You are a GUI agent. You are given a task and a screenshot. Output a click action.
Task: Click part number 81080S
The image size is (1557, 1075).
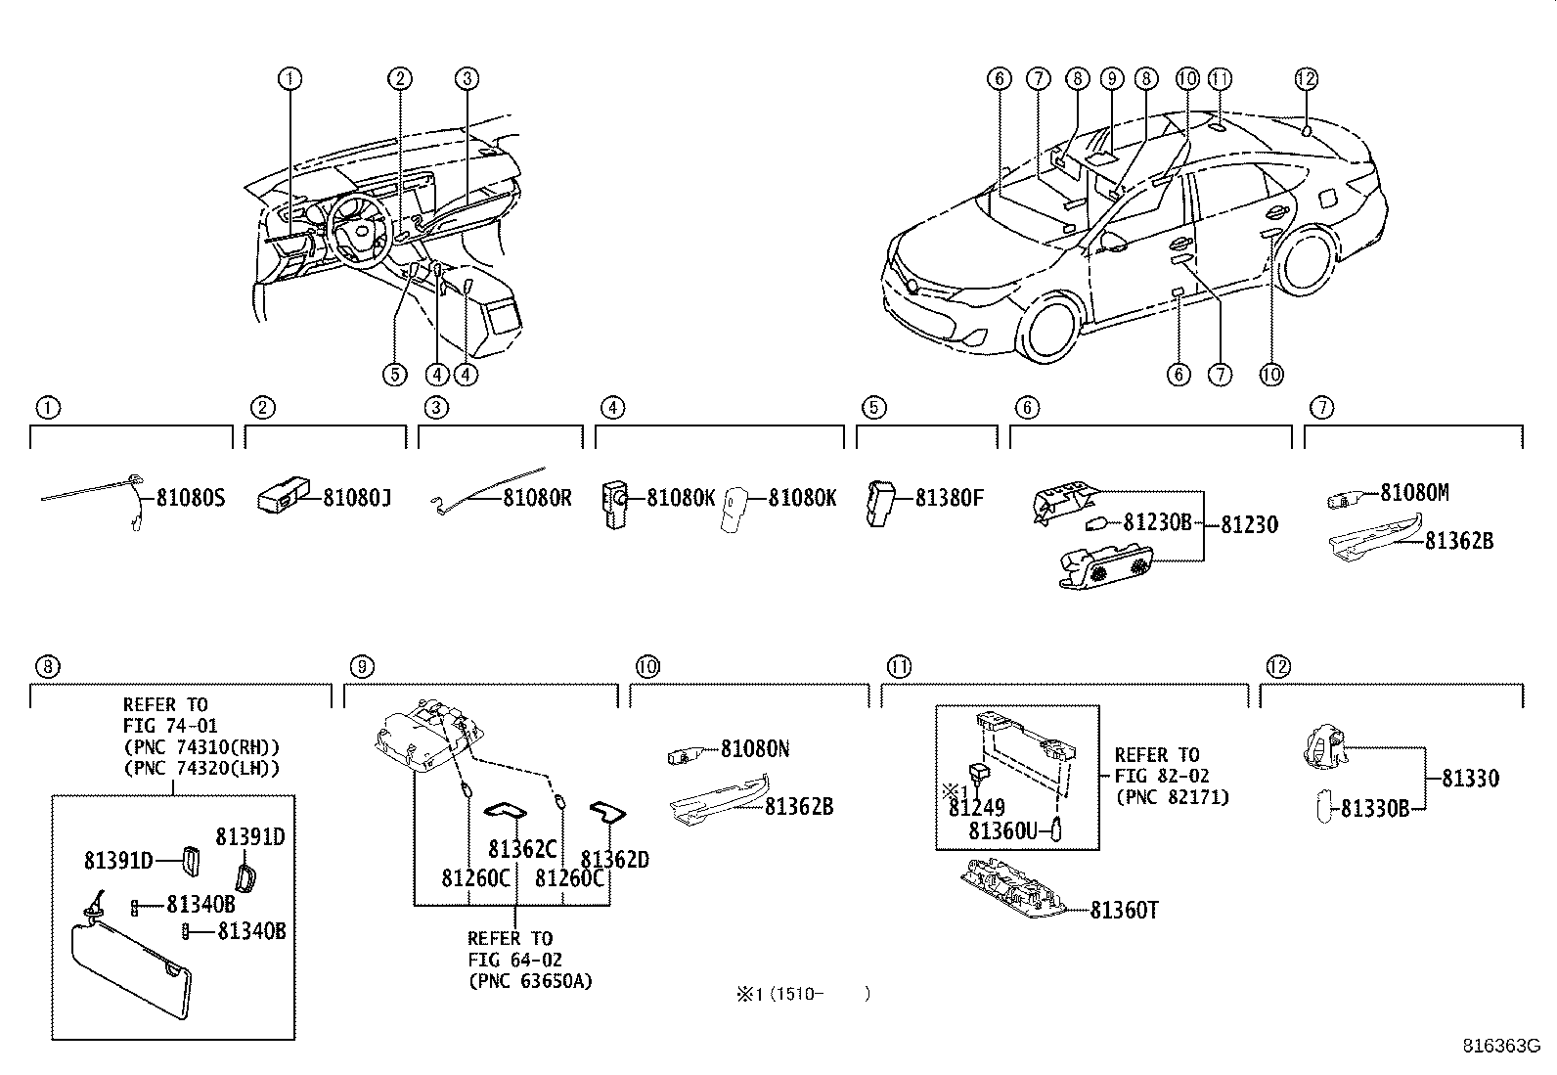pos(191,499)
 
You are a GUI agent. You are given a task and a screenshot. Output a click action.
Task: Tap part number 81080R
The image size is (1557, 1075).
pos(537,499)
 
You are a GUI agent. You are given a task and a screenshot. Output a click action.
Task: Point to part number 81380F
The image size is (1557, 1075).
pos(949,499)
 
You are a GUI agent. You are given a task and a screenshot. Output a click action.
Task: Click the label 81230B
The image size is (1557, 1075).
pos(1157,523)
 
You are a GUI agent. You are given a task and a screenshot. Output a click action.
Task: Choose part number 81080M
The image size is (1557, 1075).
pos(1414,493)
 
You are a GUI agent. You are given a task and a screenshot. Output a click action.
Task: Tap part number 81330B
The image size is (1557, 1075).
pos(1374,809)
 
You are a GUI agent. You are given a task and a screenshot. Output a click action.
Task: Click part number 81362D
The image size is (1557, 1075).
pos(614,860)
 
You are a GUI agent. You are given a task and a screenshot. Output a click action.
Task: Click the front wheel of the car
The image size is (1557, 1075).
pos(1050,329)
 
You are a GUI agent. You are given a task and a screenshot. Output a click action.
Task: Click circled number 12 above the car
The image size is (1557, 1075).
pos(1307,79)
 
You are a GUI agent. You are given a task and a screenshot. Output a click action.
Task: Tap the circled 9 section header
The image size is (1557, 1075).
pos(361,667)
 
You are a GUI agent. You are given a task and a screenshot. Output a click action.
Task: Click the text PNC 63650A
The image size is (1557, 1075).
pos(529,981)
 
